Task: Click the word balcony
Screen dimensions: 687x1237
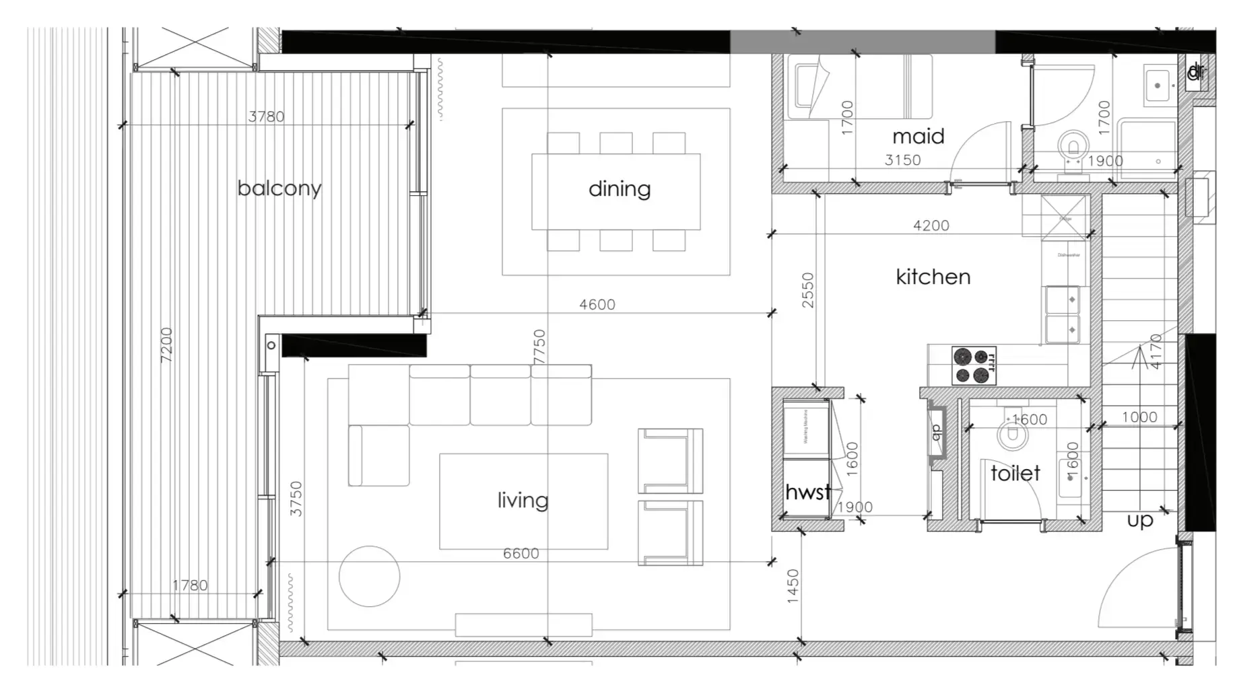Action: point(279,188)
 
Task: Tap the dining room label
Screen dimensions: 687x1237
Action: point(620,189)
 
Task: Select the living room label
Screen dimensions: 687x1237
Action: point(523,500)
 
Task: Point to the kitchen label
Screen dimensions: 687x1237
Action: point(933,277)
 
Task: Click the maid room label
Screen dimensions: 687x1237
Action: point(918,137)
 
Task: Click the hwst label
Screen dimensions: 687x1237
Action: point(807,492)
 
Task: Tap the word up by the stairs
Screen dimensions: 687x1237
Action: point(1140,519)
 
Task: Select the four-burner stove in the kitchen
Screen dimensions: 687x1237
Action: point(974,365)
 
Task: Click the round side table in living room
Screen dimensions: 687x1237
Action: point(369,576)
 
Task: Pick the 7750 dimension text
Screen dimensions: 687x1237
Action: point(539,347)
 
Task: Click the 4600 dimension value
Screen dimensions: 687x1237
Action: point(597,305)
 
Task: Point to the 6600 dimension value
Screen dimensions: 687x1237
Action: point(521,554)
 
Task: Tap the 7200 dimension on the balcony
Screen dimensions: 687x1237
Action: point(166,345)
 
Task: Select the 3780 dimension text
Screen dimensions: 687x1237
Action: point(266,116)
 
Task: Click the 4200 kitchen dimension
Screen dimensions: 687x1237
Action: point(931,226)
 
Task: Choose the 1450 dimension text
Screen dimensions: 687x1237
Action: point(793,585)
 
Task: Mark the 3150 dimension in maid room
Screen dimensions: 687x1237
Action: point(902,160)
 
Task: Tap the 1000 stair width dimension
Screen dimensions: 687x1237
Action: point(1139,417)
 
